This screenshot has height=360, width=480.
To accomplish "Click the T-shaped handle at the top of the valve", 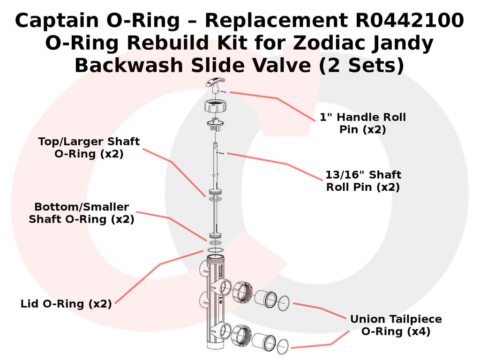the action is coord(216,84).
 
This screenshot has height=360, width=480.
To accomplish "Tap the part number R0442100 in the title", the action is coord(410,20).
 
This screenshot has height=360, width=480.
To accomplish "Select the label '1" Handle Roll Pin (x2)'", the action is coord(363,123).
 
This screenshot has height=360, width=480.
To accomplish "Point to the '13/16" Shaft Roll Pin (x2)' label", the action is coord(363,180).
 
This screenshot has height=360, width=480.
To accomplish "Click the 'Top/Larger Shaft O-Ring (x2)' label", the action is coord(89,147).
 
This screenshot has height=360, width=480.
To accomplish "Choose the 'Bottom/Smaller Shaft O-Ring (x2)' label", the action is coord(82,213).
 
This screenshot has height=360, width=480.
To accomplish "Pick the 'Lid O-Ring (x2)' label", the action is coord(66,304).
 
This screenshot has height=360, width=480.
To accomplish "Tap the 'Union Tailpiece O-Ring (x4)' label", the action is coord(396,325).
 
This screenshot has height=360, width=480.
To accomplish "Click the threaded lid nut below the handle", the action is coord(215,106).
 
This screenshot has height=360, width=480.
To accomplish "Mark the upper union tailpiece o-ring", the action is coord(284,303).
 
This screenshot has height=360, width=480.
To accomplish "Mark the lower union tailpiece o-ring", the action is coord(283,346).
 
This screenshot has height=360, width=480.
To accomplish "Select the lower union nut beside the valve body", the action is coord(241,336).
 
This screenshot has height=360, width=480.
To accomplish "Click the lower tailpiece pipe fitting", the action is coord(264,342).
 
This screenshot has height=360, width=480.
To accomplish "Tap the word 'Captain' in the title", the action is coord(57,20).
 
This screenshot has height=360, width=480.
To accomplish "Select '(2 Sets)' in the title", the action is coord(361,65).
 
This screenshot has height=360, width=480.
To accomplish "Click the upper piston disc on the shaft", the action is coord(215,192).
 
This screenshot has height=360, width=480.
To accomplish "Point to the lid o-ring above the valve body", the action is coord(215,250).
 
